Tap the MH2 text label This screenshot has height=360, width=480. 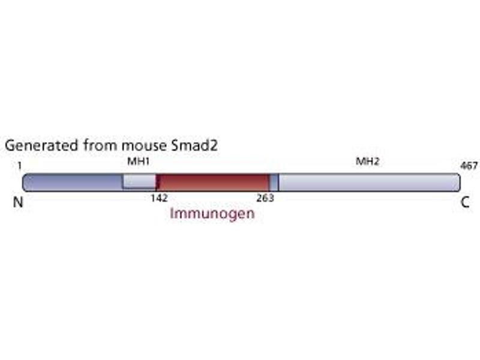368,161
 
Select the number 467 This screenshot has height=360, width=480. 468,166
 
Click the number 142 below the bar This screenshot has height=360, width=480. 160,198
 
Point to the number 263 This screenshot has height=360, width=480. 264,198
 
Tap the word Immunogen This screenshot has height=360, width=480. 212,213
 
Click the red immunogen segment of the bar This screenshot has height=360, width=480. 213,182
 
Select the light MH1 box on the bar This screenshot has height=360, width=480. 139,181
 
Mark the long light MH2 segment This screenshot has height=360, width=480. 366,182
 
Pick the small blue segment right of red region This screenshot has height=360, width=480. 274,182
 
